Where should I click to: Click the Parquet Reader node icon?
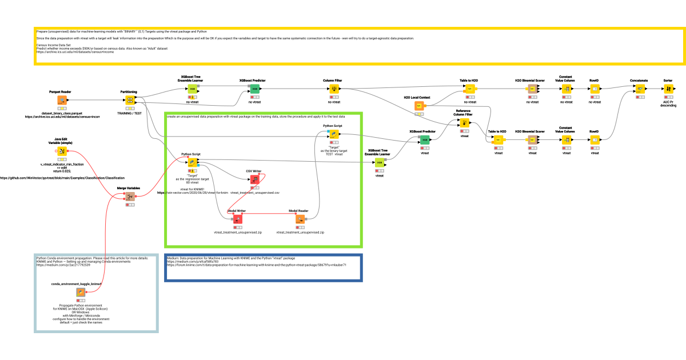tap(61, 101)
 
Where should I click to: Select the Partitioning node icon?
tap(130, 101)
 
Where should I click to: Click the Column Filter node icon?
tap(335, 89)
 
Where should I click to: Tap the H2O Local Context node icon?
tap(419, 106)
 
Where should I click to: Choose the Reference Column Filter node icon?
tap(464, 122)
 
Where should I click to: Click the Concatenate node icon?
tap(640, 89)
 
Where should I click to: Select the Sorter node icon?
tap(668, 89)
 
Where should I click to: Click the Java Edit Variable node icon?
tap(61, 151)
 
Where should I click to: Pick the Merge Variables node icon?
tap(130, 197)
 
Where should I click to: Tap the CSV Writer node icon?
tap(254, 179)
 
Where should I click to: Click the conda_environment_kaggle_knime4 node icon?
tap(81, 293)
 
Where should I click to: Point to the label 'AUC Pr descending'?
tap(668, 103)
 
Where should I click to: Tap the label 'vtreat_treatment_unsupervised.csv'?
tap(254, 193)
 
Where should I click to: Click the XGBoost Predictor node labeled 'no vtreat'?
tap(254, 89)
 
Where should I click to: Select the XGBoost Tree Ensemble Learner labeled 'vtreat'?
tap(379, 162)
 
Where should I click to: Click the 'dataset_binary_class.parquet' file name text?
tap(61, 113)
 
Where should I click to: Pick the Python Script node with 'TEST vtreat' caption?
tap(333, 135)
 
